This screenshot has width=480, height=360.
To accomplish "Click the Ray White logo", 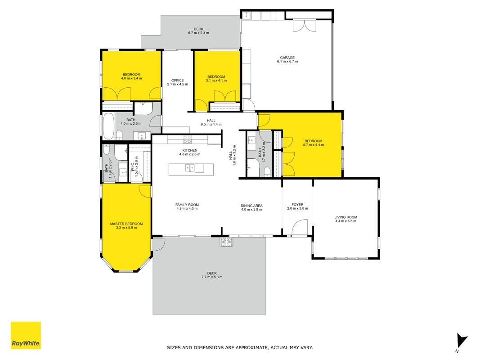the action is (x=26, y=335).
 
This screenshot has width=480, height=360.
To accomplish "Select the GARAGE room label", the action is (x=287, y=58).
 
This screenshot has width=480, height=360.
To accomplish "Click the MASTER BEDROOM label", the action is (x=126, y=224).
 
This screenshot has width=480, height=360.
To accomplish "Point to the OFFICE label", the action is (x=178, y=81).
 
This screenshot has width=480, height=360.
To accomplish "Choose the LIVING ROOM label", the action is (x=345, y=217).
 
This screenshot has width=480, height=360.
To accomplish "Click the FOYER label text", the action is (x=297, y=204).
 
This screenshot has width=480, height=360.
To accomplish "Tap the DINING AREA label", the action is (x=251, y=206).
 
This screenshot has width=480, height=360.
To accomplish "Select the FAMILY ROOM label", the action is (x=187, y=205).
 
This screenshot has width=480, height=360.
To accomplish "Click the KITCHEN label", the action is (x=190, y=150).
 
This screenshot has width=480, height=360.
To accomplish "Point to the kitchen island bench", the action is (x=191, y=170).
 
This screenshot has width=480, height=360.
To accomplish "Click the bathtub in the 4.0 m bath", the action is (x=108, y=126).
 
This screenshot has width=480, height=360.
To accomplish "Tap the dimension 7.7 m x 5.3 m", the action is (x=212, y=277).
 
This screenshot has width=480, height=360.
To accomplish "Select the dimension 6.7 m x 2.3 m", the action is (x=198, y=33).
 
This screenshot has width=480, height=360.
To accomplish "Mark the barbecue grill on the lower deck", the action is (x=226, y=242).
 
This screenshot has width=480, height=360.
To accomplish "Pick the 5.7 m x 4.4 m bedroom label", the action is (x=314, y=143).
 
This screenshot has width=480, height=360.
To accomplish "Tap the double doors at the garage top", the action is (x=304, y=26).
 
